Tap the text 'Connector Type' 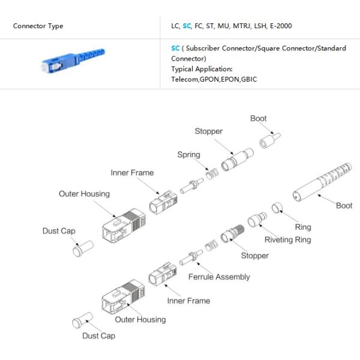pyautogui.click(x=38, y=26)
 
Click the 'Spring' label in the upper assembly pyautogui.click(x=188, y=155)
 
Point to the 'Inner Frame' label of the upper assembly pyautogui.click(x=132, y=173)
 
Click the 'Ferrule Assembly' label pyautogui.click(x=219, y=277)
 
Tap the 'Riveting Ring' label pyautogui.click(x=288, y=239)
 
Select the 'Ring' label pyautogui.click(x=303, y=227)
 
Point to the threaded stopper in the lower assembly pyautogui.click(x=232, y=234)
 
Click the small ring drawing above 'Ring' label pyautogui.click(x=277, y=209)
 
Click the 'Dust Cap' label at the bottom pyautogui.click(x=99, y=336)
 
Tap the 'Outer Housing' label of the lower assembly pyautogui.click(x=140, y=320)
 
